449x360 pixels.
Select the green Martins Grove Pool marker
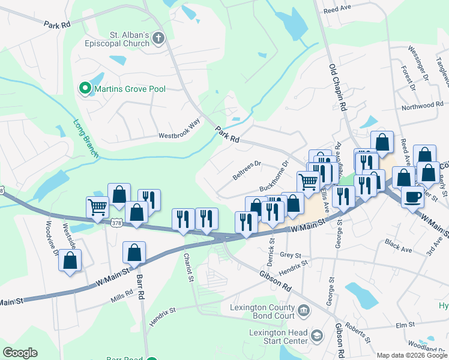[85, 89]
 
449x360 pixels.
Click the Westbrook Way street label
[179, 136]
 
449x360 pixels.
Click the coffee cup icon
[412, 196]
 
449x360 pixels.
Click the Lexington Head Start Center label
[278, 337]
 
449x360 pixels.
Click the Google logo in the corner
[20, 353]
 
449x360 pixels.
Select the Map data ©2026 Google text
[412, 355]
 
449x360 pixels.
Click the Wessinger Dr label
[418, 62]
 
